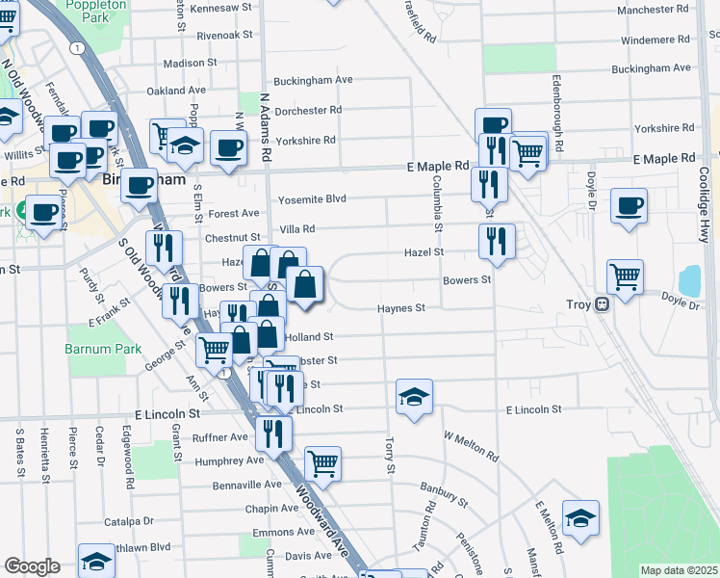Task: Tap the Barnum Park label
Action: [103, 349]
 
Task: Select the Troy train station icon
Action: [603, 304]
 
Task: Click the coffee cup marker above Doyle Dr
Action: [629, 205]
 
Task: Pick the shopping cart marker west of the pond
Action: [625, 277]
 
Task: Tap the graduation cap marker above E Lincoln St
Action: [414, 396]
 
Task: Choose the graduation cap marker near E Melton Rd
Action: [580, 518]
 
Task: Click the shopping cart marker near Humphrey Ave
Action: [322, 463]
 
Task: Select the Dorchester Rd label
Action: [308, 110]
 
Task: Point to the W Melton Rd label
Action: [471, 445]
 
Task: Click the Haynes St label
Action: [400, 308]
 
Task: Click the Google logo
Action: [33, 566]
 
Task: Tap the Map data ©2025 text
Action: [679, 570]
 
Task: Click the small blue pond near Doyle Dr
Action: [689, 280]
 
